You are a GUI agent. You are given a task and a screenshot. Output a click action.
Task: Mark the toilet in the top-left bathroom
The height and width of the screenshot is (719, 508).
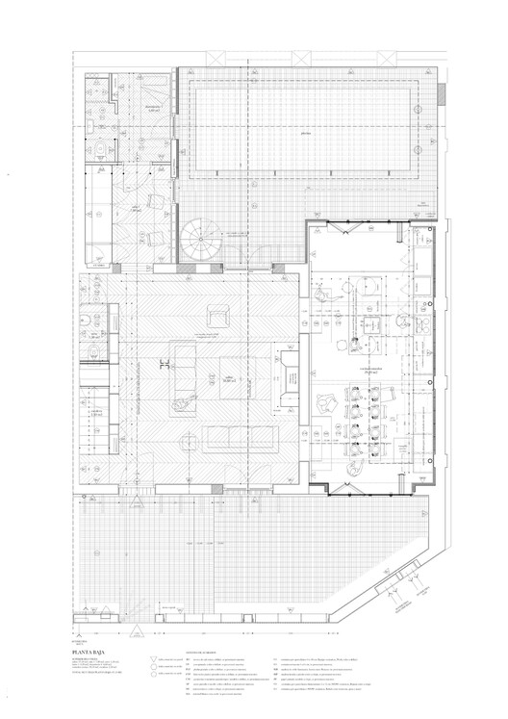(100, 150)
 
